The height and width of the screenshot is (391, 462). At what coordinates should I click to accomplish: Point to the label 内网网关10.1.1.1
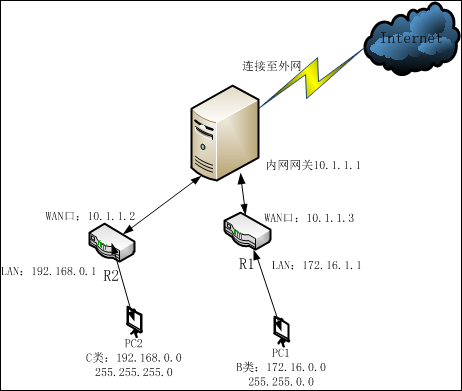tap(313, 163)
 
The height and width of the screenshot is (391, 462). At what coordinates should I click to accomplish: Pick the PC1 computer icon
tap(281, 330)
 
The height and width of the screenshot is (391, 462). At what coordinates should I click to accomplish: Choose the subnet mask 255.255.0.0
tap(281, 381)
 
